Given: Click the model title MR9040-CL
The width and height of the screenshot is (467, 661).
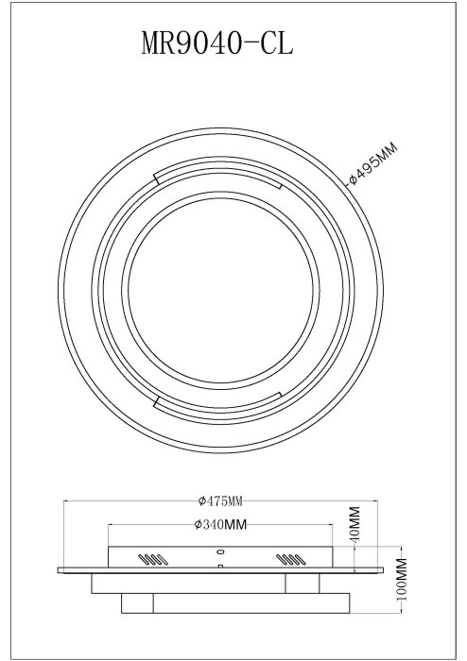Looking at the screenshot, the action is pos(216,43).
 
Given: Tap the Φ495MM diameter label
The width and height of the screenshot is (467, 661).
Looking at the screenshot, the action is pos(373,163).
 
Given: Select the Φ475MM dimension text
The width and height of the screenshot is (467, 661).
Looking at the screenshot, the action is pos(220,500).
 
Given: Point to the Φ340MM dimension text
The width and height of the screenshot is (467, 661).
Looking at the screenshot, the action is pos(220,524).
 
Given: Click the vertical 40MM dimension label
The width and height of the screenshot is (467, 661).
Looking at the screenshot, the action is pos(355,524).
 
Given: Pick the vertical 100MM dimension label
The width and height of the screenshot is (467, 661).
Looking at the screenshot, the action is pos(402,579).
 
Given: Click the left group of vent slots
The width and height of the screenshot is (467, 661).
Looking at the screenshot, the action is pos(153,559).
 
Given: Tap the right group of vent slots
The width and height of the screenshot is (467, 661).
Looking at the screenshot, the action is pos(290,559).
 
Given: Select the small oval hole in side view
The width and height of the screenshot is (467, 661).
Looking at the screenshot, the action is pos(219,551).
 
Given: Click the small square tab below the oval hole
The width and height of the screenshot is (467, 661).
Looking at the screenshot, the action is pos(219,566).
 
